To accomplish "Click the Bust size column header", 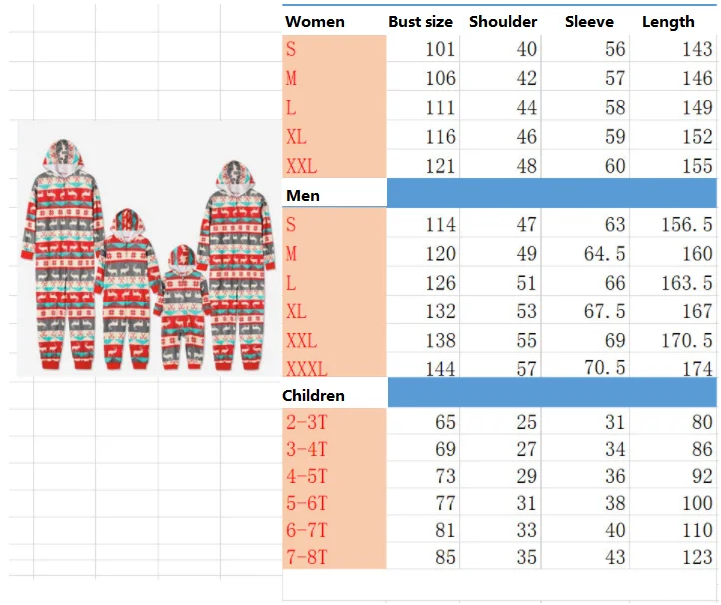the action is point(420,22).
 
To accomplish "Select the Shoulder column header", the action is point(503,22).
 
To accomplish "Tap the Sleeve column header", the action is point(589,22).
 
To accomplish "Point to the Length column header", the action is point(668,22).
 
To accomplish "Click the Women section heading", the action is point(314,22).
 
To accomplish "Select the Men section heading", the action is point(303,196).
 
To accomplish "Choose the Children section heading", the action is point(313,395).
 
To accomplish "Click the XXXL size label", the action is point(307,369).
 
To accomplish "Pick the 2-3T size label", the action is point(307,422).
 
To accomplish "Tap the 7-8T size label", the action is point(307,557).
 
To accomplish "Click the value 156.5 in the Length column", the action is point(687,225).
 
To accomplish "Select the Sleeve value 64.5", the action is point(605,254).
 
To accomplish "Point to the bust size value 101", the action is point(440,49).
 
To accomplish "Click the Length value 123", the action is point(698,557).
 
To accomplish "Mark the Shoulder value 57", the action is point(527,369).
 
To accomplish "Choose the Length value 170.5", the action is point(687,341).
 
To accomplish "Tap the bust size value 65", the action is point(445,422).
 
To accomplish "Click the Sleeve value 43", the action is point(615,557).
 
